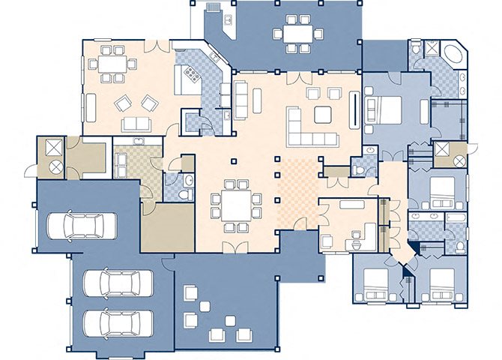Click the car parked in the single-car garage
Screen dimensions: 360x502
coord(82,223)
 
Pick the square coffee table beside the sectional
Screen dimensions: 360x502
coord(324,114)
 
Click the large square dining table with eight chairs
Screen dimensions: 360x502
coord(237,203)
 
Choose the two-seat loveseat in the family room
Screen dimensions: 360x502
coord(137,124)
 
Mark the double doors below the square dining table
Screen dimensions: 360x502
coord(237,247)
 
